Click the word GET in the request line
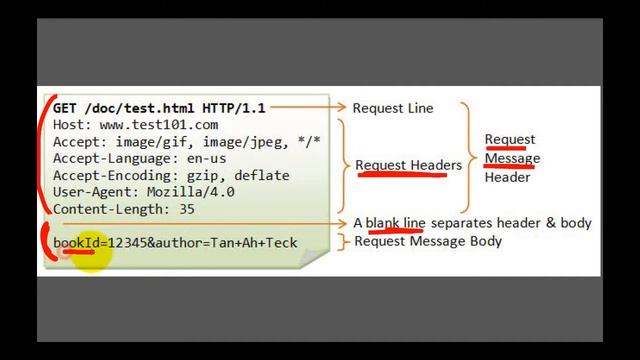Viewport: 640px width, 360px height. (x=65, y=108)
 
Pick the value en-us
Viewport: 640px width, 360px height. (x=206, y=159)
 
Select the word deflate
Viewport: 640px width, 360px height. (x=263, y=176)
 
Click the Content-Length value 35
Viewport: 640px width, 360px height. (x=186, y=210)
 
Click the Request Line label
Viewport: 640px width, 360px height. (x=393, y=108)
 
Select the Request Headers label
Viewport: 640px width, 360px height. (x=408, y=165)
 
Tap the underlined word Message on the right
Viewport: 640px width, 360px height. (x=512, y=158)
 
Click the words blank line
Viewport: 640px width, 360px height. (x=396, y=223)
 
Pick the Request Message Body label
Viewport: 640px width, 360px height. (x=428, y=241)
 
